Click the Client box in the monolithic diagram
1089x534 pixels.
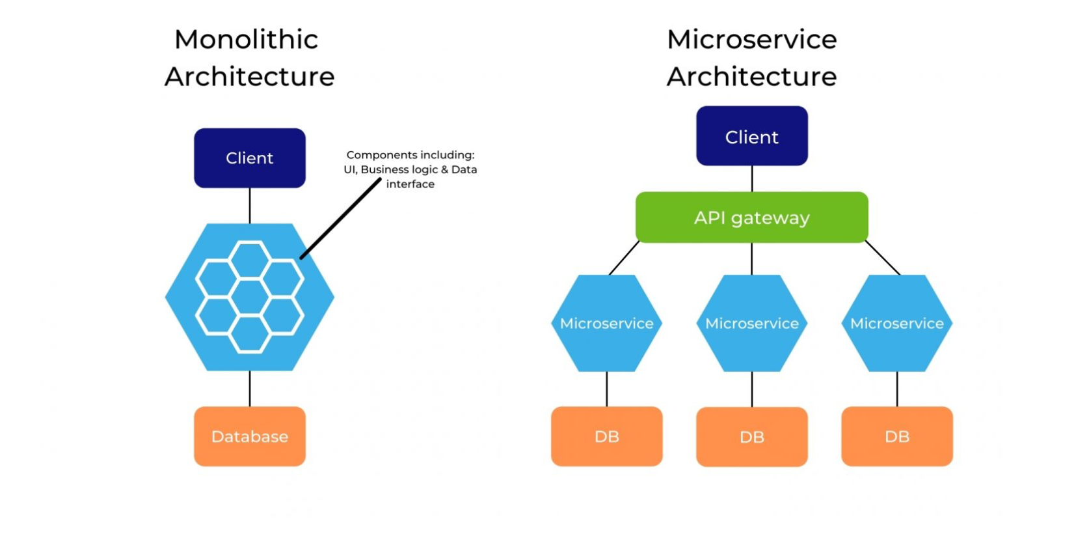(250, 158)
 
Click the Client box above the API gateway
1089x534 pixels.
(752, 137)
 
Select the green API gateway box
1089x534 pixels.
(752, 218)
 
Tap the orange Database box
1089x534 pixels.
(250, 436)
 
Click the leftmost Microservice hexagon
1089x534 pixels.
(607, 324)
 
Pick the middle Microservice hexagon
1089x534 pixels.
(752, 324)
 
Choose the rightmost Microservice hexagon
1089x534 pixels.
(897, 324)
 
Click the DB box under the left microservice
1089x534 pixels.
(607, 436)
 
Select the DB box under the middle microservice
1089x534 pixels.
(752, 437)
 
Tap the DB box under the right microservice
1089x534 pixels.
(897, 436)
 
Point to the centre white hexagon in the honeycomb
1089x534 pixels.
(250, 297)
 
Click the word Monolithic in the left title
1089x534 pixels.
(247, 40)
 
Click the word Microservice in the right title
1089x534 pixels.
(752, 40)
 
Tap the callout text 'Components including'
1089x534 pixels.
(410, 155)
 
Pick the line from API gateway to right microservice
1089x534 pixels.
(883, 258)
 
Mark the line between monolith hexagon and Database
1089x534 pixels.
(250, 389)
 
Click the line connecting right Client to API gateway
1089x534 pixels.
(752, 178)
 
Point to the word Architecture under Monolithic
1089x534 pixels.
(250, 77)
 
